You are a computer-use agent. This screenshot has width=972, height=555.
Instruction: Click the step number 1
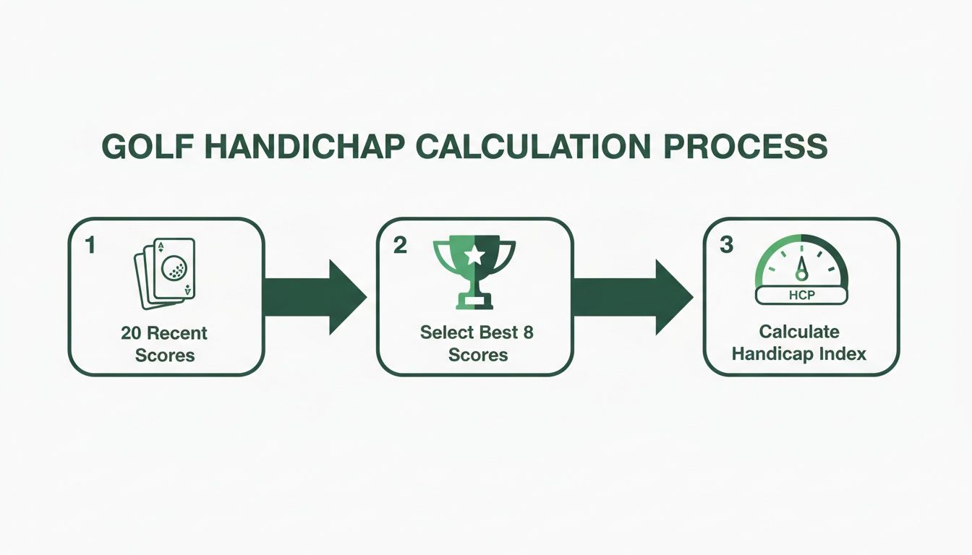[90, 246]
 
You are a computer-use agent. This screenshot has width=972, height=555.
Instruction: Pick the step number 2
[399, 246]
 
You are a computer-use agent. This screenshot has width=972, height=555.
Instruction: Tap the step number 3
[727, 246]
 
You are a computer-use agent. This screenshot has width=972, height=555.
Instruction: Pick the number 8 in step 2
[528, 333]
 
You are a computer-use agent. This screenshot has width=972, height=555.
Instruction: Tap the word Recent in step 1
[178, 333]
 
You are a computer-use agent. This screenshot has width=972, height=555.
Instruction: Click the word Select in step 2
[446, 333]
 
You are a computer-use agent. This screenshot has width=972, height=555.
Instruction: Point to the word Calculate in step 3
[799, 332]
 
